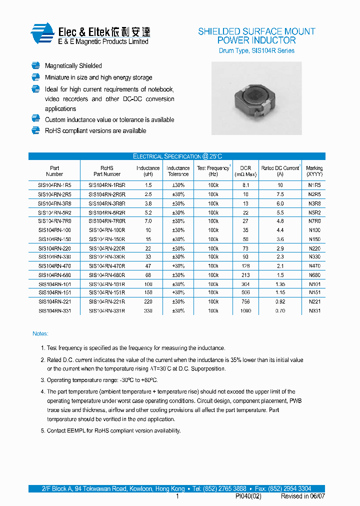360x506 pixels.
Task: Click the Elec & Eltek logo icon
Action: click(42, 33)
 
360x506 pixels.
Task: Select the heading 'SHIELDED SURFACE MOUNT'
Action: click(256, 31)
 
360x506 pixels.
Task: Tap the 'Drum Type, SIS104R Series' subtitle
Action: click(256, 50)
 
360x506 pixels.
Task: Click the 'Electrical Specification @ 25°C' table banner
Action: click(177, 156)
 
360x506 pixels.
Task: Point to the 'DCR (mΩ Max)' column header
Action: click(245, 171)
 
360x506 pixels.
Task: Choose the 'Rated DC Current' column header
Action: click(280, 171)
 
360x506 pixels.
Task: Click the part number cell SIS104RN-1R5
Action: click(54, 185)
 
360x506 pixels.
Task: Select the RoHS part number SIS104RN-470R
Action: click(106, 266)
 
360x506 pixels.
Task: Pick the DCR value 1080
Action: click(245, 311)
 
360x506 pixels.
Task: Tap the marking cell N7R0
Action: click(314, 221)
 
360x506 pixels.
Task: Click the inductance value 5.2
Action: click(148, 212)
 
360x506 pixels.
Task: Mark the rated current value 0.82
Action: click(280, 302)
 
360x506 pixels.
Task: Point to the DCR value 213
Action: click(245, 275)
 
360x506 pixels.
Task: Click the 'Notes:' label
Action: click(40, 333)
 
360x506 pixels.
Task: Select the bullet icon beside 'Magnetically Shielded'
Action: click(35, 65)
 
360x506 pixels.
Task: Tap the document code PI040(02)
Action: click(248, 496)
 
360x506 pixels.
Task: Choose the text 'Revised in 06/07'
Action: click(302, 496)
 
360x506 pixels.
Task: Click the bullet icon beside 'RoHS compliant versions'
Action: click(35, 130)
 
